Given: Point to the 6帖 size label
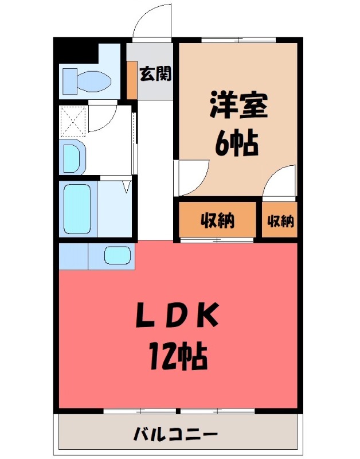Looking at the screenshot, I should [237, 143].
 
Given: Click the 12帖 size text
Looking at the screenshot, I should [178, 356].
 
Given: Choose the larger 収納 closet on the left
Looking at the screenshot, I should [217, 220].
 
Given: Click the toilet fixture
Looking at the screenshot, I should [86, 81].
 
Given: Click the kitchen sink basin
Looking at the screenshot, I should [118, 255].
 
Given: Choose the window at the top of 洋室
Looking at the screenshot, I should [238, 40].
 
